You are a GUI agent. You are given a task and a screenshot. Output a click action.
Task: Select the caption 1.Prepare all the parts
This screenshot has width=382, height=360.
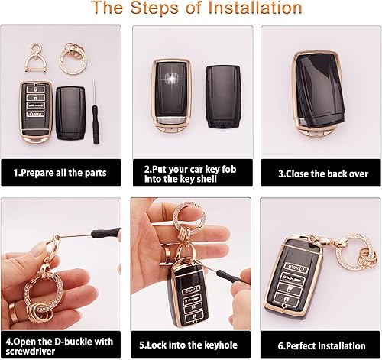(x=61, y=172)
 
